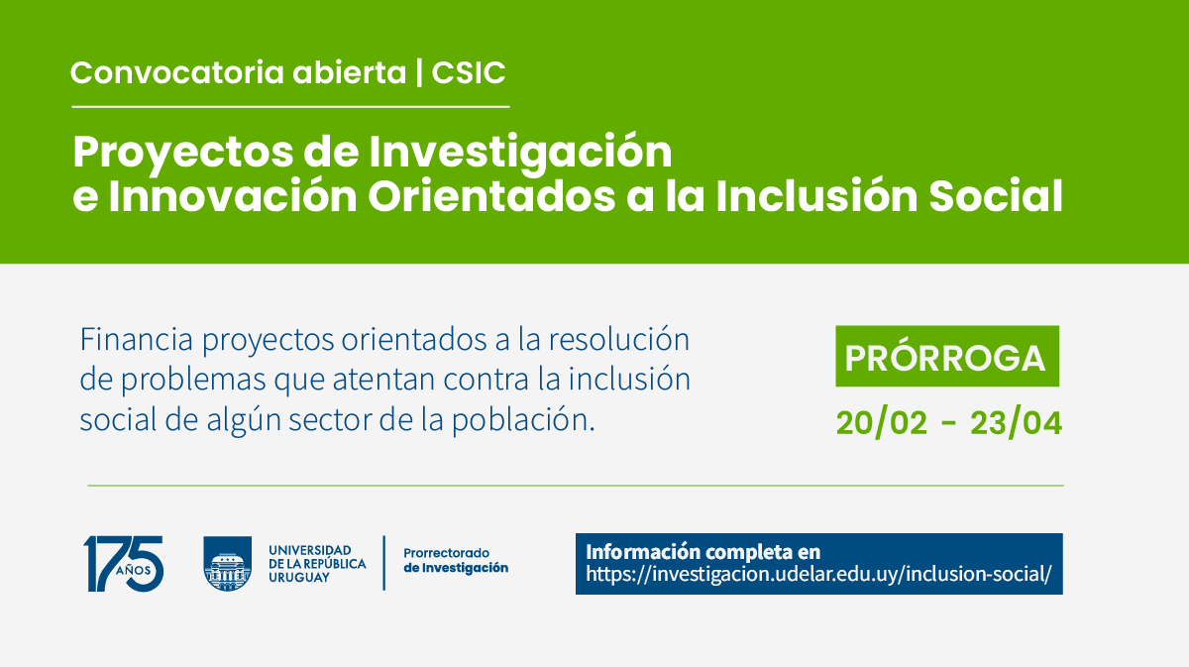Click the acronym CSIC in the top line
coord(468,72)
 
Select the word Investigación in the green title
coord(520,154)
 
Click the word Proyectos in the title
coord(183,154)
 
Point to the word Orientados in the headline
coord(491,196)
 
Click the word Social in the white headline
coord(996,196)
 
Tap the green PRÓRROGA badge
coord(947,357)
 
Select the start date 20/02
coord(882,423)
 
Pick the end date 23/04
coord(1016,423)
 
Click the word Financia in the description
coord(136,339)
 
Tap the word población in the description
coord(523,420)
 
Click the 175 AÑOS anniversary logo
coord(123,564)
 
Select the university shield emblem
coord(228,564)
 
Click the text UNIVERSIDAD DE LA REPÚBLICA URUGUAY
coord(317,564)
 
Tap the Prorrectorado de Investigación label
coord(456,560)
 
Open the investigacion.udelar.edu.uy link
coord(818,574)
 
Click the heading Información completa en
coord(703,552)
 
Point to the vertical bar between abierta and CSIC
coord(419,72)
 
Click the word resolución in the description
coord(619,339)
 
